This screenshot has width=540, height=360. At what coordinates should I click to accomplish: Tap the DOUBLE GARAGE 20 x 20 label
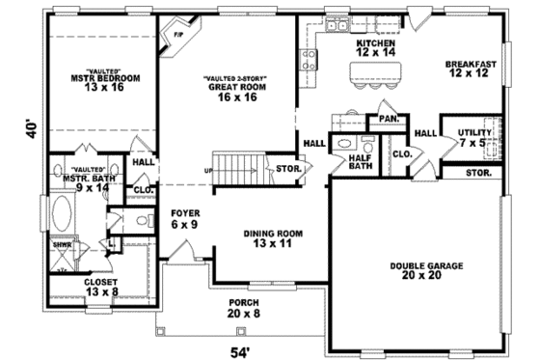pyautogui.click(x=427, y=270)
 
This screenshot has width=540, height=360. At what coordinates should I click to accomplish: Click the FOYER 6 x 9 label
pyautogui.click(x=185, y=218)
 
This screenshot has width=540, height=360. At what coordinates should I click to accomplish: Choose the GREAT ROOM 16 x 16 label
pyautogui.click(x=232, y=90)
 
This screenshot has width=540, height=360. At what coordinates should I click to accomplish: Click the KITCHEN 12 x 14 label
pyautogui.click(x=375, y=49)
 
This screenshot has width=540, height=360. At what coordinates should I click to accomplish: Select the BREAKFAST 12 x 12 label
pyautogui.click(x=471, y=69)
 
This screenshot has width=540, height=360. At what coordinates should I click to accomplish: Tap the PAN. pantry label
pyautogui.click(x=390, y=119)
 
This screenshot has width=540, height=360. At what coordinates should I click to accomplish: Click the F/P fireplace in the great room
pyautogui.click(x=177, y=37)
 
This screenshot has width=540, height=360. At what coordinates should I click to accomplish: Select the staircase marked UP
pyautogui.click(x=236, y=165)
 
